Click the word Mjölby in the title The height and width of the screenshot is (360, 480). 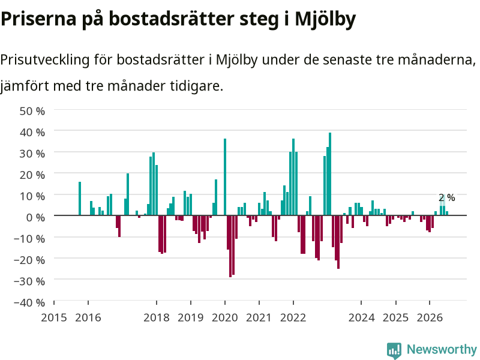pos(325,19)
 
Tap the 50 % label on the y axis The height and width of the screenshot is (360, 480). pos(32,111)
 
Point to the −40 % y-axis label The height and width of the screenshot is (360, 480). pos(29,302)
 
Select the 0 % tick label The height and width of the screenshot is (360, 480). pos(35,217)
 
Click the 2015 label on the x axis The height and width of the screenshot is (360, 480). pos(54,317)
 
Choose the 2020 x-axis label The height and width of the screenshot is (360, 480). pos(224,317)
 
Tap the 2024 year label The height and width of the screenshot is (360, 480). pos(361,317)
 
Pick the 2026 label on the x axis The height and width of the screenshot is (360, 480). pos(430,317)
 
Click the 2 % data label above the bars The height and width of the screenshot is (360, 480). pos(446,198)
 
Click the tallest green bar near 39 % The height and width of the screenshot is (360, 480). pos(330,174)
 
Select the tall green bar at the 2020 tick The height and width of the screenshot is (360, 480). pos(225,177)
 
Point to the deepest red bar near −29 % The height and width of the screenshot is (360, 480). pos(230,246)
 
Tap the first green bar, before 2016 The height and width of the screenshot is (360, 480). pos(80,199)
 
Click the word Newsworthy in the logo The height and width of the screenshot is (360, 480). pos(442,349)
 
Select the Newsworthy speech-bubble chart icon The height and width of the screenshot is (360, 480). pos(394,350)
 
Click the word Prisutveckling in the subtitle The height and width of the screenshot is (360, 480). pos(44,60)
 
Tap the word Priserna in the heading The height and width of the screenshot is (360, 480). pos(38,19)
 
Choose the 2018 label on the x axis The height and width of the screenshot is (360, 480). pos(157,317)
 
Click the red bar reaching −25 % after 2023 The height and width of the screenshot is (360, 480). pos(338,242)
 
